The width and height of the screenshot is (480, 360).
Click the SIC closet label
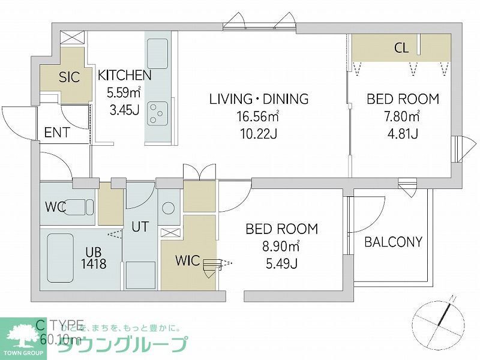coord(69,77)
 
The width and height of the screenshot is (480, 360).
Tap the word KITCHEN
coord(124,75)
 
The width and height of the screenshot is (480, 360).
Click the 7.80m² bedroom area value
coord(403,116)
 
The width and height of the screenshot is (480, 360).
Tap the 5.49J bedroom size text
coord(281,262)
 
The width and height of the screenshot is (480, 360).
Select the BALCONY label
coord(393,242)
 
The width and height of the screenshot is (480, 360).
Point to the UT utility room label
coord(140,227)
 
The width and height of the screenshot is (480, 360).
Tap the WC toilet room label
coord(55,208)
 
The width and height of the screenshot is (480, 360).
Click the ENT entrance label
coord(57,133)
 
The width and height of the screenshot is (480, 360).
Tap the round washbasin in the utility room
coord(169,208)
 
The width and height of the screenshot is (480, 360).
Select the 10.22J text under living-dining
coord(259,133)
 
